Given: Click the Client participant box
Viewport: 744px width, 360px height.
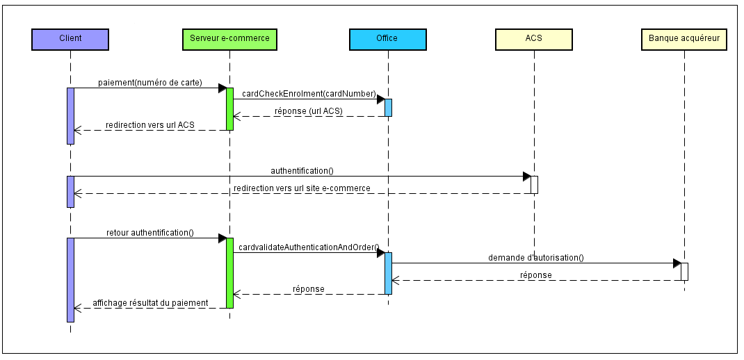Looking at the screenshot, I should pyautogui.click(x=70, y=39).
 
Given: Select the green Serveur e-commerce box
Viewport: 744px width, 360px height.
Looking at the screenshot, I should pyautogui.click(x=229, y=39).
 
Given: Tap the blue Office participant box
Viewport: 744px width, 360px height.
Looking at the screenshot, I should pyautogui.click(x=387, y=39).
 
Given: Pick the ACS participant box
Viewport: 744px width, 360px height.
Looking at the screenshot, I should pyautogui.click(x=533, y=39).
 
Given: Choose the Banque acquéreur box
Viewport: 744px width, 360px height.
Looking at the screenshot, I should pyautogui.click(x=684, y=39).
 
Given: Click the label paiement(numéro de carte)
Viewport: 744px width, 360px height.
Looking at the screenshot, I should pyautogui.click(x=149, y=83).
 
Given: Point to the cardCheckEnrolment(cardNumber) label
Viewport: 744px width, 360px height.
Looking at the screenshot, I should pyautogui.click(x=309, y=94).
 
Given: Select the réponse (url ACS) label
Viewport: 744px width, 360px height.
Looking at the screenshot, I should pyautogui.click(x=309, y=111).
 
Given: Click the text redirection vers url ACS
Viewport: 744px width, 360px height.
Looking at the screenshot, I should pyautogui.click(x=150, y=125).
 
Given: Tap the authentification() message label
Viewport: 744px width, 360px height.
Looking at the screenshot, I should pyautogui.click(x=302, y=170).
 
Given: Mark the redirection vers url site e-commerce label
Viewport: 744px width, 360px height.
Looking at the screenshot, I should pyautogui.click(x=302, y=188).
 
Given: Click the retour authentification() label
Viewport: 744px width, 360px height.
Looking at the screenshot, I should pyautogui.click(x=149, y=233).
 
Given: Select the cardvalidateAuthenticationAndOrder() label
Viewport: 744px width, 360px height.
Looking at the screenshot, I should pyautogui.click(x=308, y=247).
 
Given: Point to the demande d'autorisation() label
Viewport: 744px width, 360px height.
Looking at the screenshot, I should pyautogui.click(x=535, y=258).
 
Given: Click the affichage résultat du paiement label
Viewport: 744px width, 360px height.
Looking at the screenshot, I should pyautogui.click(x=150, y=303).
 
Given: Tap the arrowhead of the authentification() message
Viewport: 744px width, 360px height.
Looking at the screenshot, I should pyautogui.click(x=526, y=177).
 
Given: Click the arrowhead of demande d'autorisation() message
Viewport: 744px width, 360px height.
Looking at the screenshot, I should pyautogui.click(x=677, y=263).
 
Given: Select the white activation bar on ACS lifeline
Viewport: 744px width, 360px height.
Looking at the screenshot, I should pyautogui.click(x=534, y=185).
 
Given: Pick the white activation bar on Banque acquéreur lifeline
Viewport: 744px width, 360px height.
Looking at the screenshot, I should pyautogui.click(x=684, y=272).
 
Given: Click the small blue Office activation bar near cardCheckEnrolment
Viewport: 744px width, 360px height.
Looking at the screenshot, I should pyautogui.click(x=388, y=108).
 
